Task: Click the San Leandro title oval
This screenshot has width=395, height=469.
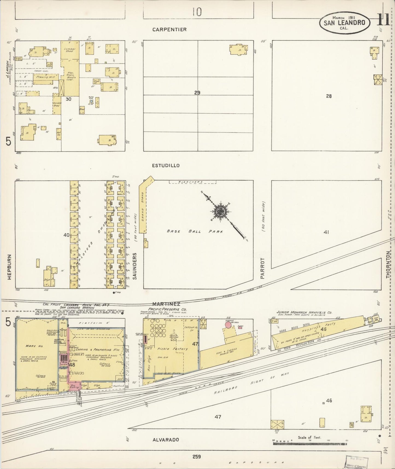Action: point(344,22)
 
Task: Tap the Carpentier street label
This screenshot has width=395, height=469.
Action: point(169,29)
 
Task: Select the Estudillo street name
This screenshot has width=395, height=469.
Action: point(166,166)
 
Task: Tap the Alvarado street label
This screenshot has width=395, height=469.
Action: point(166,439)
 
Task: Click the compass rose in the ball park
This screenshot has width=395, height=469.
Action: point(220,211)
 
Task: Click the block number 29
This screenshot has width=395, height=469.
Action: point(197,93)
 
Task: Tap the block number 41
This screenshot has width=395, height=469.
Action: point(326,232)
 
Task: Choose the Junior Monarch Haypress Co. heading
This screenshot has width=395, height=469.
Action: point(304,312)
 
